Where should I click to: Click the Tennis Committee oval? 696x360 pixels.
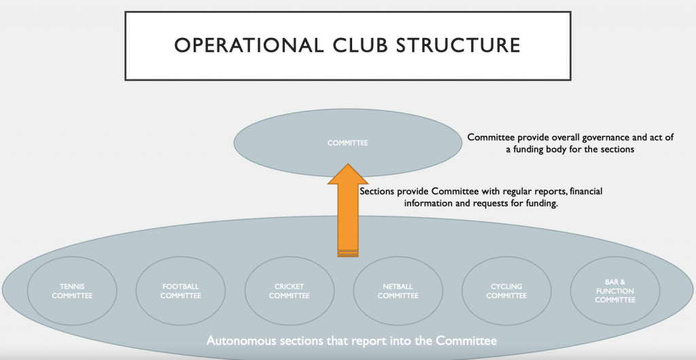pyautogui.click(x=72, y=291)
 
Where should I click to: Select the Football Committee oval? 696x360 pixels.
pyautogui.click(x=181, y=291)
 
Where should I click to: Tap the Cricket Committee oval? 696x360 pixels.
pyautogui.click(x=289, y=291)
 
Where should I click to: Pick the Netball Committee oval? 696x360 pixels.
pyautogui.click(x=398, y=291)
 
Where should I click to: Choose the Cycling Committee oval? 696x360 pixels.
pyautogui.click(x=506, y=291)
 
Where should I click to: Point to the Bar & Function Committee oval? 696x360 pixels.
pyautogui.click(x=614, y=291)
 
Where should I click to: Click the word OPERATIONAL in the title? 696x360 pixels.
pyautogui.click(x=249, y=46)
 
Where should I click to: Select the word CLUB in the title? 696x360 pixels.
pyautogui.click(x=359, y=46)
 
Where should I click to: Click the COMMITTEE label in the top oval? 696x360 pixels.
pyautogui.click(x=347, y=143)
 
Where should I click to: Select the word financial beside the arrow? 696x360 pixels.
pyautogui.click(x=586, y=191)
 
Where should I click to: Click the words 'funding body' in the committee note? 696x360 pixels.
pyautogui.click(x=541, y=149)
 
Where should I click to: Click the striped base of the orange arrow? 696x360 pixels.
pyautogui.click(x=348, y=253)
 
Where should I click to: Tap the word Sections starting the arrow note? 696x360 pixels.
pyautogui.click(x=377, y=192)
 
